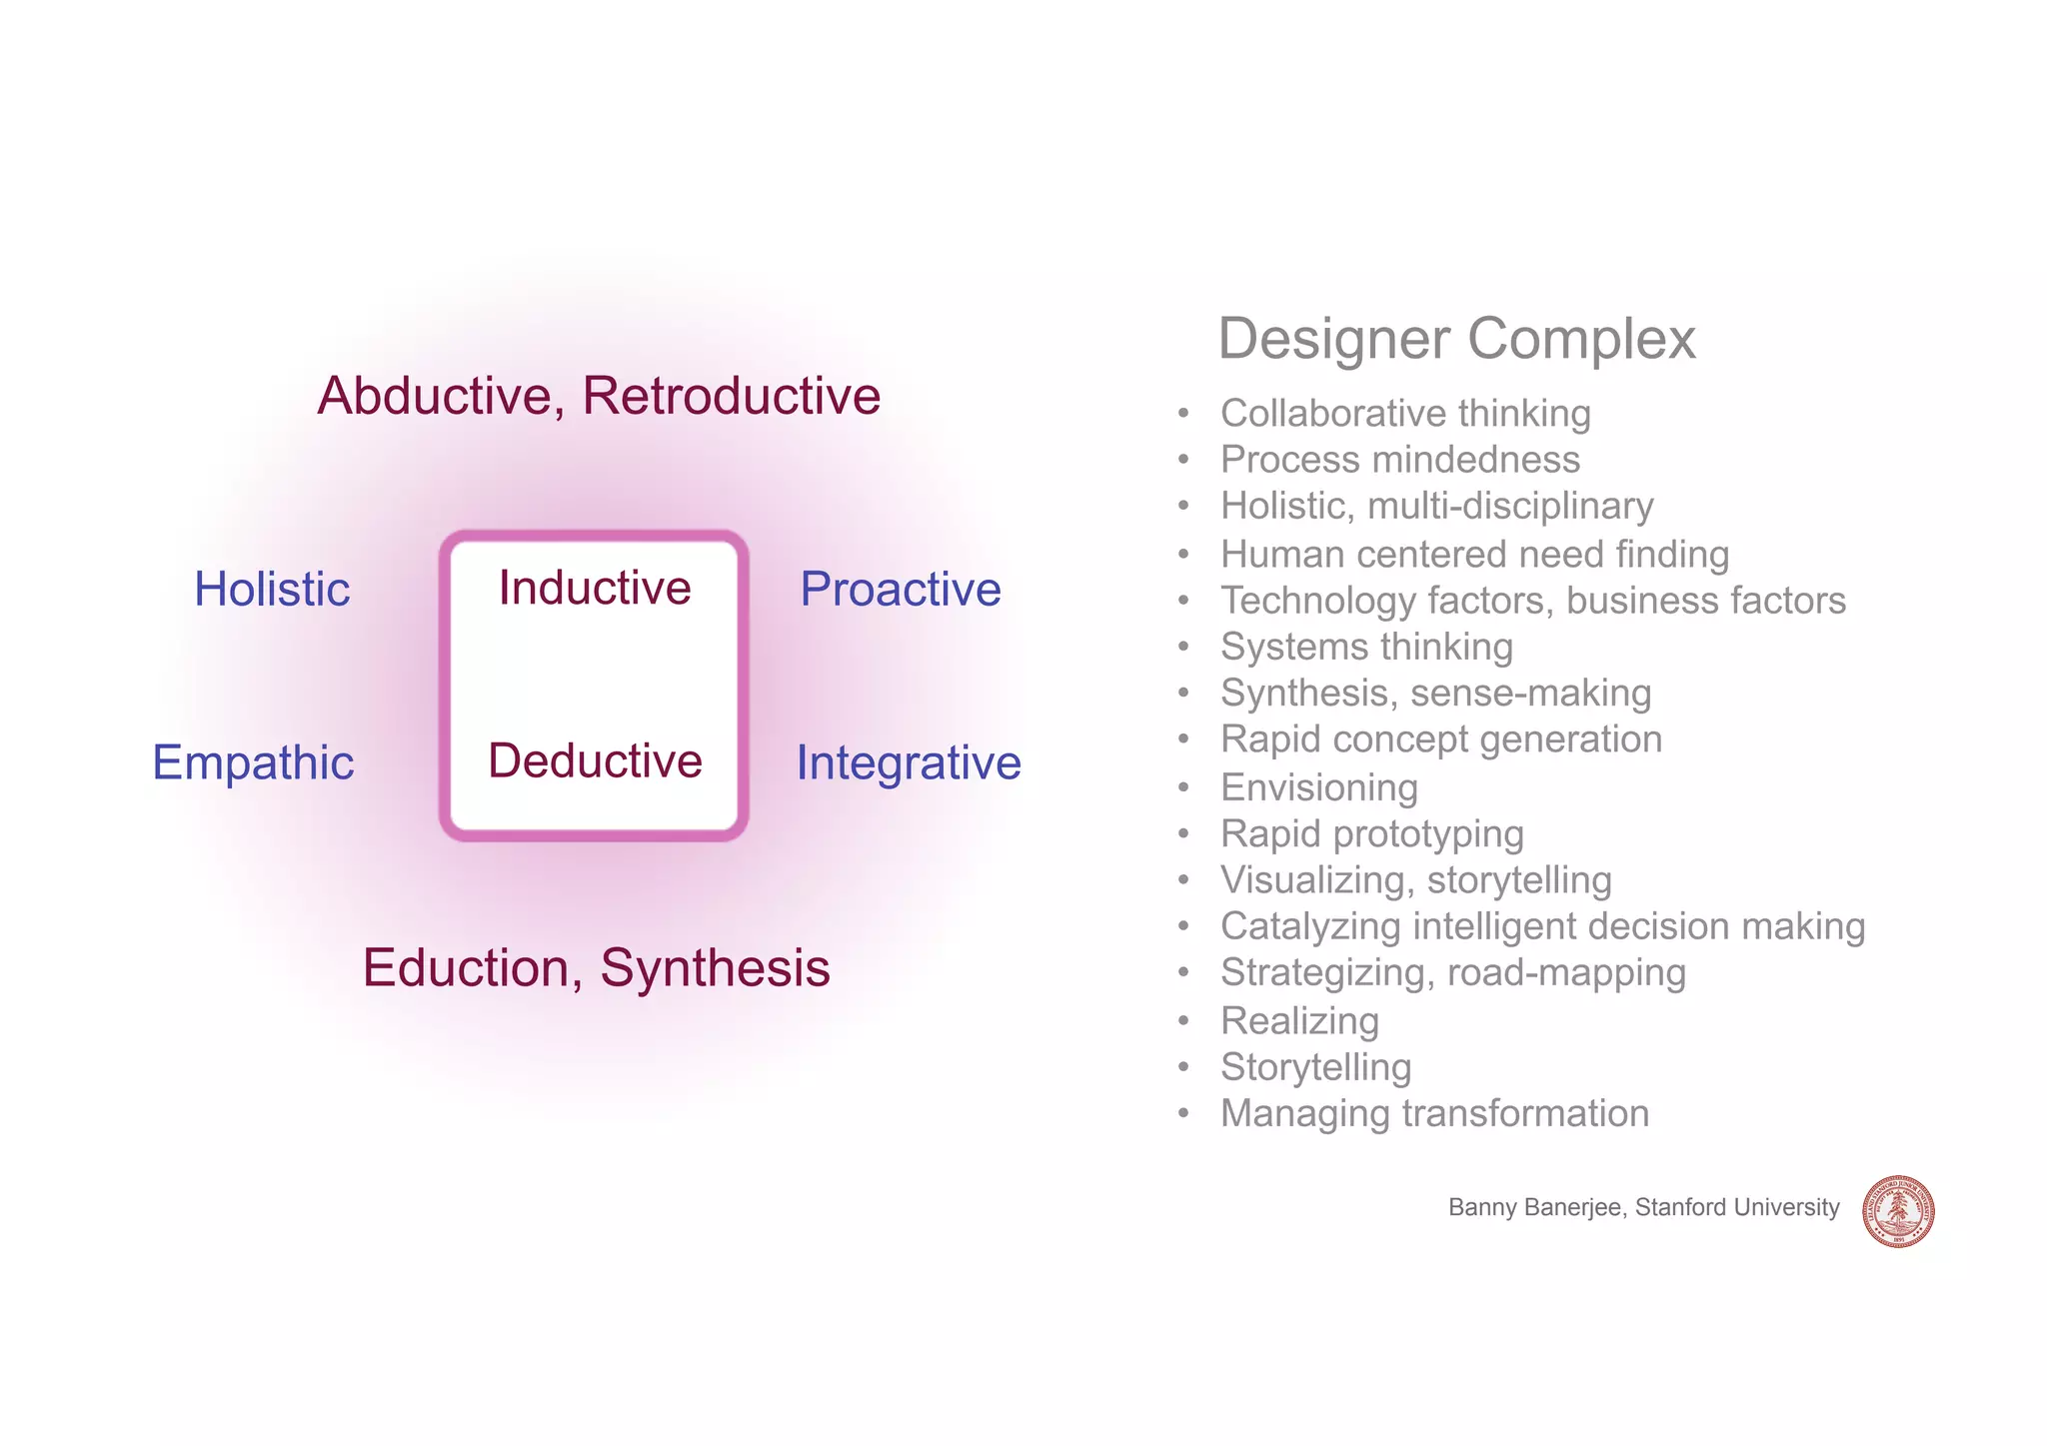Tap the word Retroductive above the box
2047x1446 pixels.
[x=731, y=396]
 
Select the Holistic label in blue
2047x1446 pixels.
[x=272, y=589]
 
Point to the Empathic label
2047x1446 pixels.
[x=253, y=762]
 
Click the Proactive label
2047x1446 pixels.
[x=901, y=589]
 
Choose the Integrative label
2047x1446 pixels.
[x=909, y=762]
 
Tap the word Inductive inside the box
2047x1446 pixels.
[x=595, y=588]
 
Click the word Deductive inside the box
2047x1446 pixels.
[x=595, y=760]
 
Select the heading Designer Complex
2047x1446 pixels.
[x=1456, y=339]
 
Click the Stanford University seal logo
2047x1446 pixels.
[x=1898, y=1211]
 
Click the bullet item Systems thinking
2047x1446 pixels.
[x=1366, y=647]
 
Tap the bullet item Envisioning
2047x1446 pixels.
[x=1319, y=787]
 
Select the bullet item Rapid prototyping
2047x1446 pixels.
[x=1372, y=833]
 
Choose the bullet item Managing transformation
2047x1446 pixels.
[x=1434, y=1113]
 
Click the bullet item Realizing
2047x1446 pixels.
[x=1299, y=1020]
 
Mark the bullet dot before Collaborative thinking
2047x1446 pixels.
[x=1183, y=414]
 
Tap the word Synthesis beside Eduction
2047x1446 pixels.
[x=715, y=967]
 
